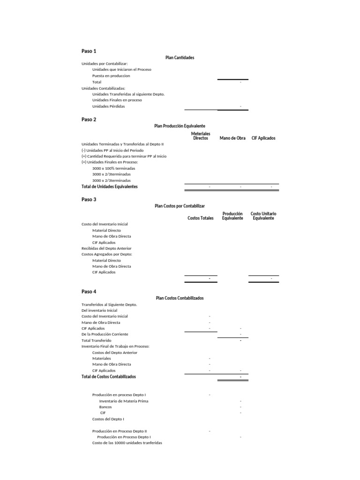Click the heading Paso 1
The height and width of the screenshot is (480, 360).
[89, 51]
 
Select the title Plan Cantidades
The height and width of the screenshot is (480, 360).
[180, 58]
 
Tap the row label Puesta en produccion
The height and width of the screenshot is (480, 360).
[111, 75]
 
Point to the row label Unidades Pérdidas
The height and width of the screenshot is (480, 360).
[108, 106]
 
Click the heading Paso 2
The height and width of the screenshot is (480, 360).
[89, 120]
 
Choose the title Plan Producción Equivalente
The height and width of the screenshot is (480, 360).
[180, 126]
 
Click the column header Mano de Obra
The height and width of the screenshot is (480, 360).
[232, 138]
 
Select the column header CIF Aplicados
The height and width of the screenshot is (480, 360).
[263, 138]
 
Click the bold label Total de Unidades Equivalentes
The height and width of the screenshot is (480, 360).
[110, 187]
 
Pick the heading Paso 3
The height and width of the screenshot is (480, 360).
[89, 200]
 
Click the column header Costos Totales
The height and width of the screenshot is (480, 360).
[200, 218]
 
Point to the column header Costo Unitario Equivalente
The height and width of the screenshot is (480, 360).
[263, 216]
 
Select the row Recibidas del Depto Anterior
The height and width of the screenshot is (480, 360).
[106, 248]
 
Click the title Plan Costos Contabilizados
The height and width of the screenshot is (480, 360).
[180, 298]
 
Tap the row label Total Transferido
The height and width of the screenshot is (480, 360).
[96, 340]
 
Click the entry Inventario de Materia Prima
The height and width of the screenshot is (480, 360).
[124, 401]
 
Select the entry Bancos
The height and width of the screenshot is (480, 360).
[105, 407]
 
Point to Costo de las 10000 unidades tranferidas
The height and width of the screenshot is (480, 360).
[127, 443]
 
